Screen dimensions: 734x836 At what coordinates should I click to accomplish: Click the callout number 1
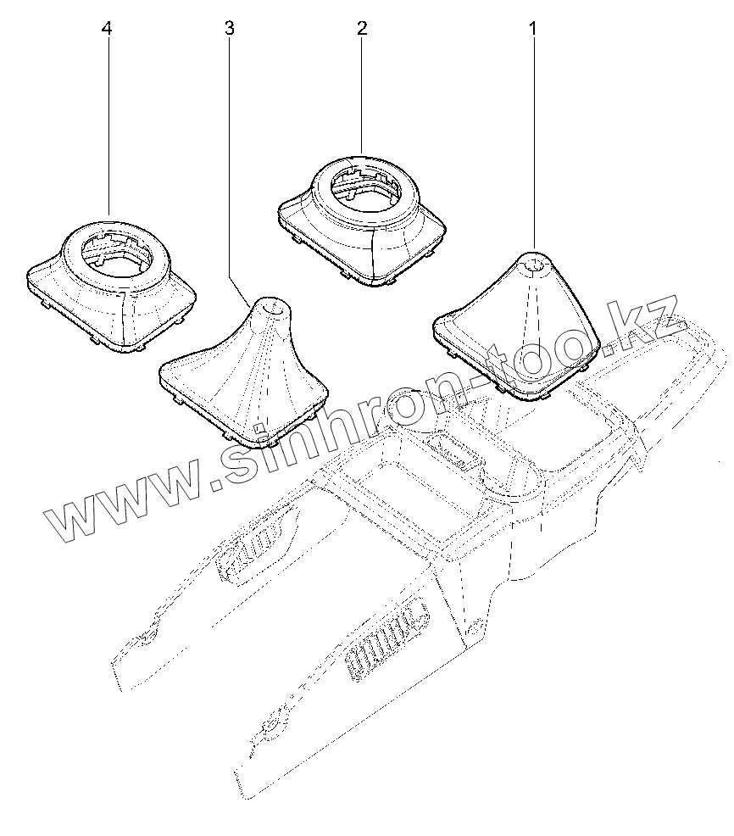(x=533, y=29)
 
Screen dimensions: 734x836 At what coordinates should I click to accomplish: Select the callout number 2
(x=362, y=29)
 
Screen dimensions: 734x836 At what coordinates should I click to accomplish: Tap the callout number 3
(x=230, y=29)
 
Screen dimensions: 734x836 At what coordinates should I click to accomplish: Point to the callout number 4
(x=106, y=29)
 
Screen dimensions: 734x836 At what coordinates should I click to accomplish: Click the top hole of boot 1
(x=534, y=264)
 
